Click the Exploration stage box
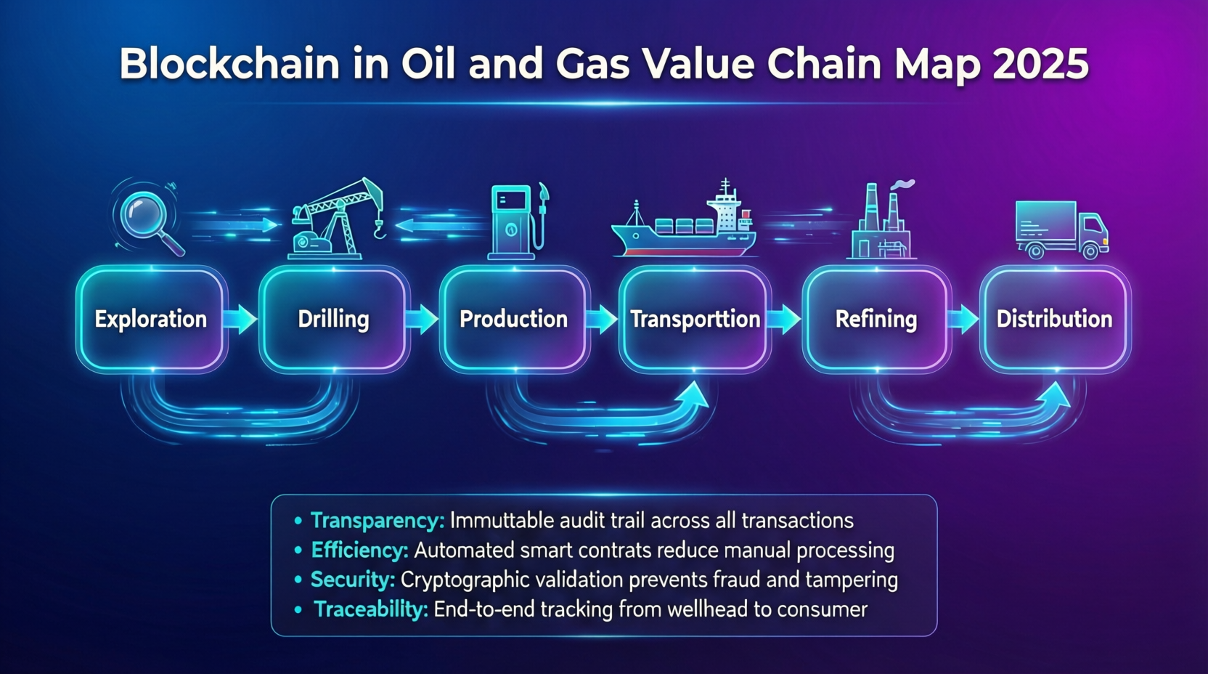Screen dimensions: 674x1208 pyautogui.click(x=151, y=320)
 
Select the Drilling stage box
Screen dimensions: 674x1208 pyautogui.click(x=333, y=320)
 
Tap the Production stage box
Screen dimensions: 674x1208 pyautogui.click(x=513, y=320)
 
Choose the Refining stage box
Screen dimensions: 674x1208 pyautogui.click(x=876, y=320)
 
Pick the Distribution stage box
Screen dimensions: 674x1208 pyautogui.click(x=1054, y=320)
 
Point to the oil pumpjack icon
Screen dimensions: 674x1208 pyautogui.click(x=335, y=219)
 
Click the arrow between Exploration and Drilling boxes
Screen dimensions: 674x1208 pyautogui.click(x=240, y=319)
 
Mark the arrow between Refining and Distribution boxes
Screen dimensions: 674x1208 pyautogui.click(x=963, y=319)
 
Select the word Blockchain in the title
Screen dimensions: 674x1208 pyautogui.click(x=229, y=64)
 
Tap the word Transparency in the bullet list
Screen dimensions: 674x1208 pyautogui.click(x=377, y=521)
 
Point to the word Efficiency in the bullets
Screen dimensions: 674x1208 pyautogui.click(x=359, y=551)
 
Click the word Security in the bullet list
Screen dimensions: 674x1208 pyautogui.click(x=352, y=580)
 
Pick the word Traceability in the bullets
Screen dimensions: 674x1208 pyautogui.click(x=370, y=609)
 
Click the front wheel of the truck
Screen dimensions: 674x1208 pyautogui.click(x=1090, y=251)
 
